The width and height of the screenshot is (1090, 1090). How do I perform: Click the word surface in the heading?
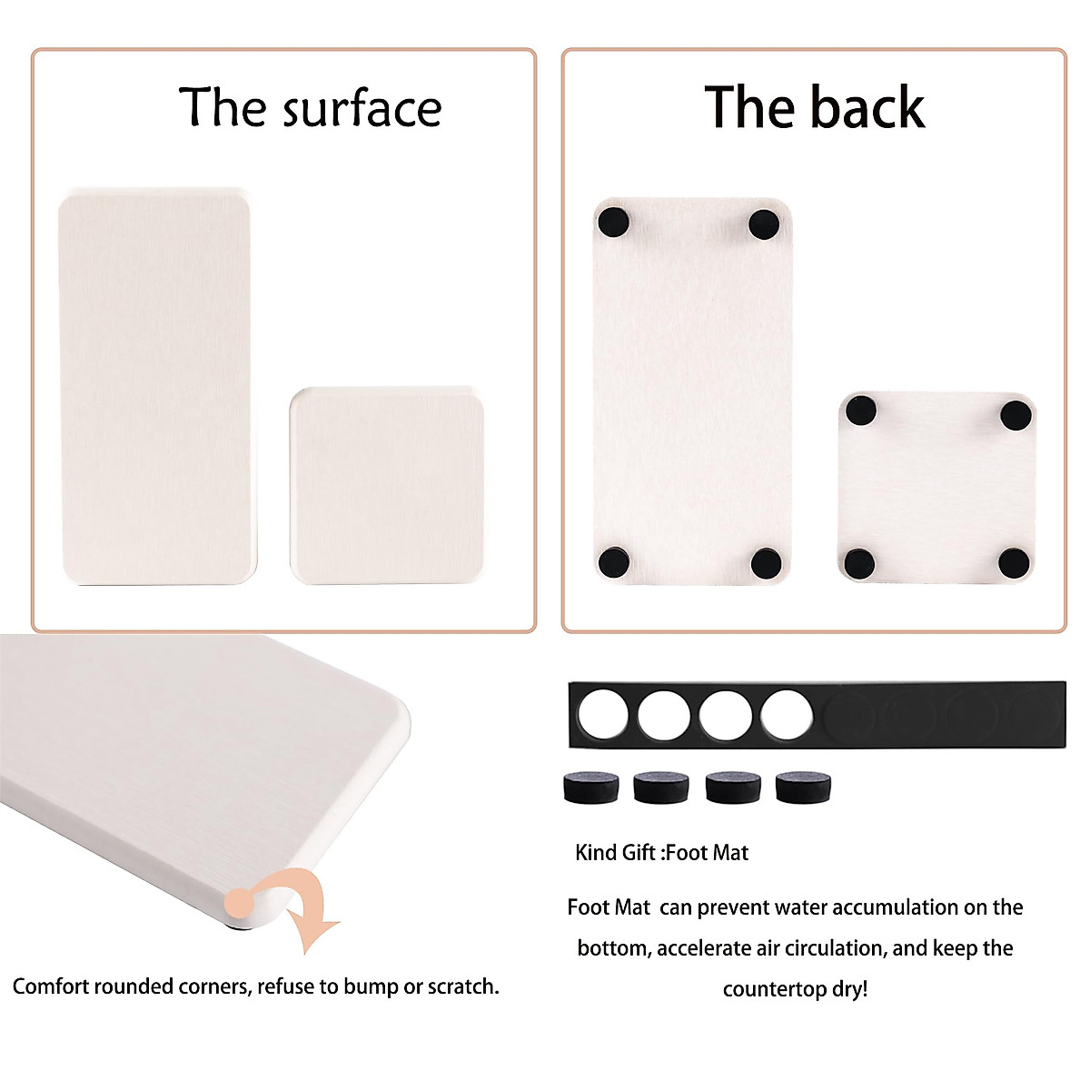[362, 109]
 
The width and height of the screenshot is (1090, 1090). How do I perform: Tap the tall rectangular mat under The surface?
[156, 387]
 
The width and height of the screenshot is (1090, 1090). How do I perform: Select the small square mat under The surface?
[387, 485]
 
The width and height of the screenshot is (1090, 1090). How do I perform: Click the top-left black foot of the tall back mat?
[613, 222]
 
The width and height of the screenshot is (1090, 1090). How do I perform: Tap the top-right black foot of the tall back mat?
[764, 223]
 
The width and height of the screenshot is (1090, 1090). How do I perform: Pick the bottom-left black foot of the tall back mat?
[615, 560]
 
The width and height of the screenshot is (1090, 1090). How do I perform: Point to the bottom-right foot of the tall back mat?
[767, 563]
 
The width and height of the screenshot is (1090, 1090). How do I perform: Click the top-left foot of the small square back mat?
[860, 411]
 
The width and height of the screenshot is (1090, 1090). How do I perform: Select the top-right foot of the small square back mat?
[1016, 415]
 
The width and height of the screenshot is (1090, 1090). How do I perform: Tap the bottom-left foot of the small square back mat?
[859, 563]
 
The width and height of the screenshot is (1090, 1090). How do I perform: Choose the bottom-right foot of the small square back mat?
[1014, 563]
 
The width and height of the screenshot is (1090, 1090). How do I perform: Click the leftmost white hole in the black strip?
[602, 714]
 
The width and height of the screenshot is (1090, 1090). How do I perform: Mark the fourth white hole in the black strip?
[787, 714]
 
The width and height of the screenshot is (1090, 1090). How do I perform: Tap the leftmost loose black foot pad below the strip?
[590, 787]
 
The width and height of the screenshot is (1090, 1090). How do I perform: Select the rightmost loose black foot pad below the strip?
[804, 787]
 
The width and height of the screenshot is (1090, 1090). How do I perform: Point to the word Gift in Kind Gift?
[639, 853]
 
